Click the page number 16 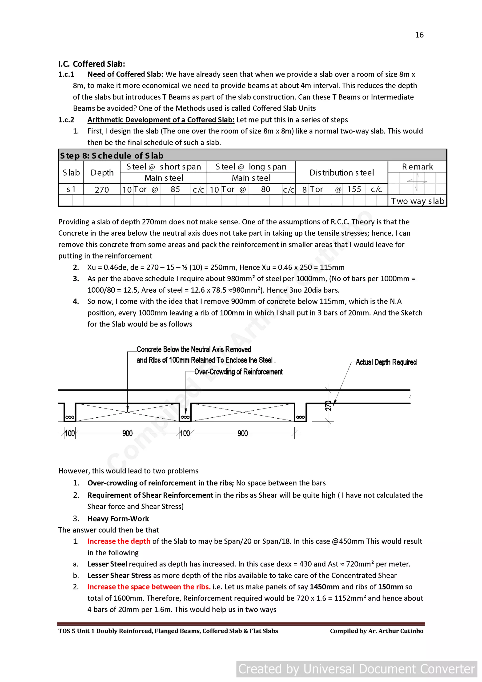pyautogui.click(x=419, y=35)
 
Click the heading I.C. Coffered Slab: pyautogui.click(x=92, y=64)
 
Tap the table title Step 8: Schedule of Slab pyautogui.click(x=112, y=156)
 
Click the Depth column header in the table pyautogui.click(x=102, y=173)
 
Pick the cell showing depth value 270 pyautogui.click(x=102, y=190)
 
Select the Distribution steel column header pyautogui.click(x=341, y=173)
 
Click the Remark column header pyautogui.click(x=417, y=167)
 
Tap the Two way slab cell pyautogui.click(x=417, y=201)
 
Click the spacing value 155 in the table pyautogui.click(x=354, y=189)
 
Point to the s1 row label pyautogui.click(x=71, y=189)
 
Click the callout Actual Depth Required pyautogui.click(x=386, y=362)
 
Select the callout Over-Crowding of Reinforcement pyautogui.click(x=238, y=371)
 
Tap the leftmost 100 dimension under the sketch pyautogui.click(x=70, y=433)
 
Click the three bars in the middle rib pyautogui.click(x=185, y=417)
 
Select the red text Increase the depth pyautogui.click(x=119, y=541)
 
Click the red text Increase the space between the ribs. pyautogui.click(x=149, y=587)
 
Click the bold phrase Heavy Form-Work pyautogui.click(x=118, y=519)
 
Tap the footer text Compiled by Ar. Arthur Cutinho pyautogui.click(x=376, y=631)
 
